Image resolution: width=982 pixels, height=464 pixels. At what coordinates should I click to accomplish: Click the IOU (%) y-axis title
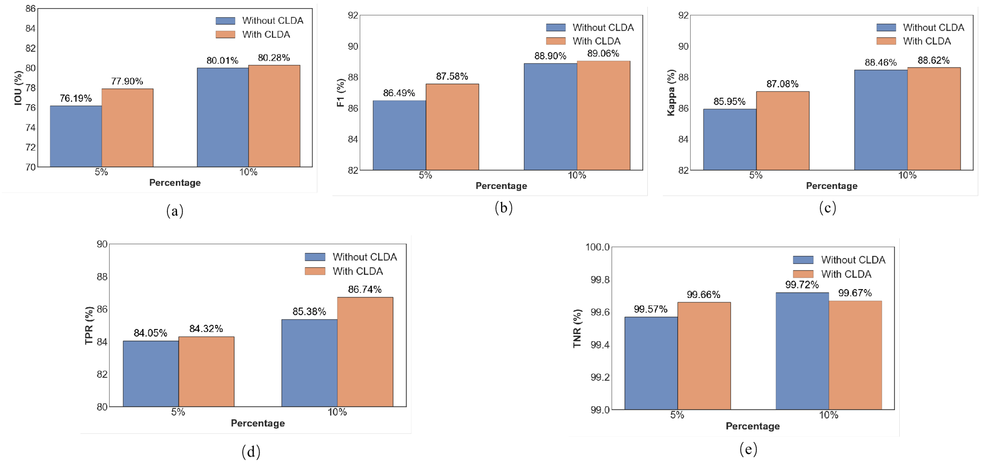18,88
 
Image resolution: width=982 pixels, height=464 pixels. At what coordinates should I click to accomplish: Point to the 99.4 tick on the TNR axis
600,345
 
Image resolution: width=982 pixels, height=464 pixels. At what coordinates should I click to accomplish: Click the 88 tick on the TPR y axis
102,277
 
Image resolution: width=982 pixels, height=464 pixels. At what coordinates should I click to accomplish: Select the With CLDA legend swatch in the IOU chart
225,34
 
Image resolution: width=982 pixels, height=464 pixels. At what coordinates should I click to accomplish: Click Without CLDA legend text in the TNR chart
853,260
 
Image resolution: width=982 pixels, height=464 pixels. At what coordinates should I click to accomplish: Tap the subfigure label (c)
827,208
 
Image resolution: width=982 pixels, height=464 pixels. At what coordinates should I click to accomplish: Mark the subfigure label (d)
251,451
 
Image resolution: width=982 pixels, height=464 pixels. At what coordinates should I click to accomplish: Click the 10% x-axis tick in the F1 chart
577,175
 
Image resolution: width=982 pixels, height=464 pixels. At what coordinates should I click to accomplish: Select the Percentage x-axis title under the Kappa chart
831,186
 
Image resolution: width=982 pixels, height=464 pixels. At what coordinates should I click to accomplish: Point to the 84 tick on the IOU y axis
31,29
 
